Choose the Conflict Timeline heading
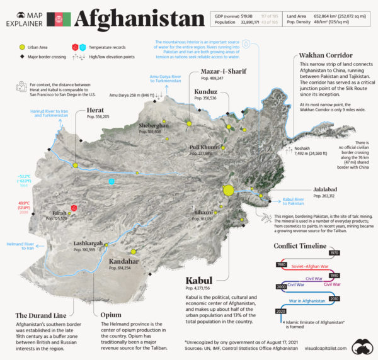click(x=300, y=245)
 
